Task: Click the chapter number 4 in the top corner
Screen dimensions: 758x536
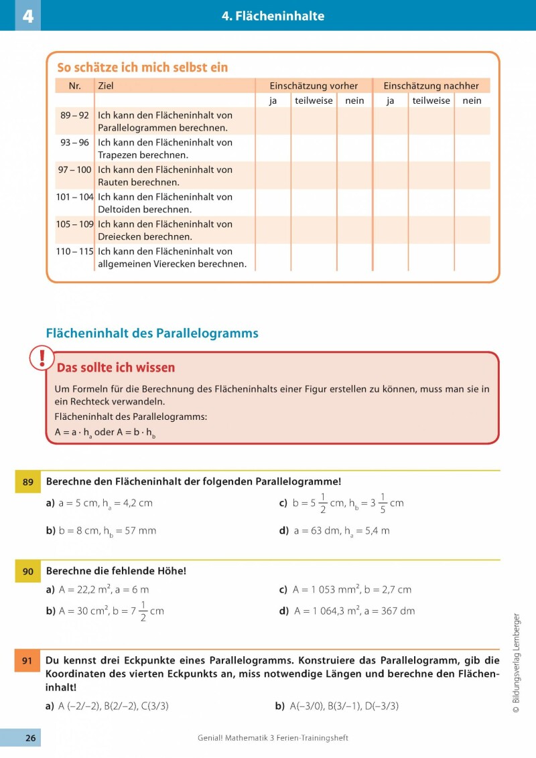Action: click(27, 15)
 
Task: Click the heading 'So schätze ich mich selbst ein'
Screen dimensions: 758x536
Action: click(142, 68)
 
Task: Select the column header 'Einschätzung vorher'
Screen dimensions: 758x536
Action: click(314, 86)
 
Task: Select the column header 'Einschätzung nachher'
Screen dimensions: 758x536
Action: click(431, 86)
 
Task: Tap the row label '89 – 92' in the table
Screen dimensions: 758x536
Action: click(74, 115)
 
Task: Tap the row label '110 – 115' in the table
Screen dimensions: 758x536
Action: click(74, 252)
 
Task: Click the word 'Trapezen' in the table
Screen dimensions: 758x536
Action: click(118, 155)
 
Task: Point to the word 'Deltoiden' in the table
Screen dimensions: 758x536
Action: click(119, 209)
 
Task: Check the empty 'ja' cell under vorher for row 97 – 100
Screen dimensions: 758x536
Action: click(273, 175)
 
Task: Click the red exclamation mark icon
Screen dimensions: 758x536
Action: click(42, 358)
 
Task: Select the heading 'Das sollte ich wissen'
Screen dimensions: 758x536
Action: click(116, 368)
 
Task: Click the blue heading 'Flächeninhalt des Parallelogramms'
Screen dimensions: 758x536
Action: click(151, 333)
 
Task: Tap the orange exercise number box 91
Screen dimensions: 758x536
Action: click(27, 662)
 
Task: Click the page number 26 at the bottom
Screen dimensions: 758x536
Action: click(30, 738)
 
